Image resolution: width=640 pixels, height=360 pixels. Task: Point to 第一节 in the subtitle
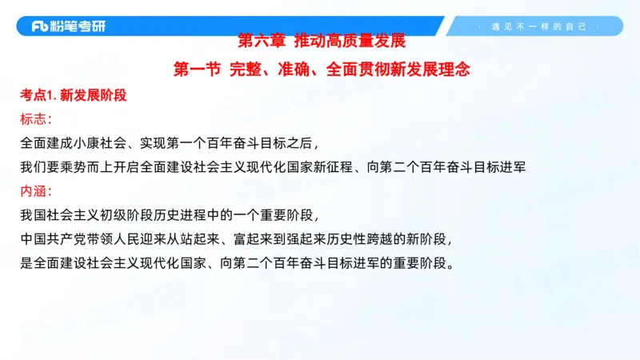coord(196,70)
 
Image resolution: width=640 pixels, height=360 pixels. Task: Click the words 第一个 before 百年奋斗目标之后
coord(205,144)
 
